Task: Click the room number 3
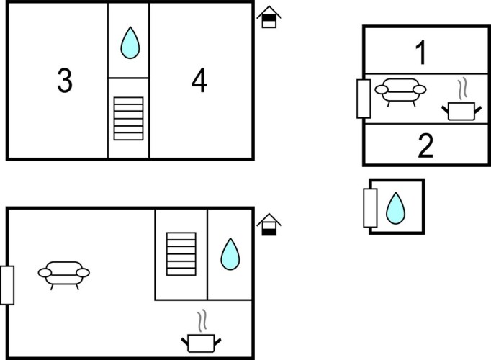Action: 65,82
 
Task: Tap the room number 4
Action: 199,82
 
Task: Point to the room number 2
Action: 425,146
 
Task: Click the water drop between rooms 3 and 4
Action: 130,43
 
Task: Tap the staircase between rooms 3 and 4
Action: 129,117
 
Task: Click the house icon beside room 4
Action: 269,17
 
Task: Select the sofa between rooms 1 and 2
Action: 402,91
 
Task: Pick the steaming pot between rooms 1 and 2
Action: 461,109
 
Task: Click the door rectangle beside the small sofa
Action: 364,99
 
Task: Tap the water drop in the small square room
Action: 396,208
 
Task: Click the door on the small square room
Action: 371,207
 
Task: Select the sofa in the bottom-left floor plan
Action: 64,274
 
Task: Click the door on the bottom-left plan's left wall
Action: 7,284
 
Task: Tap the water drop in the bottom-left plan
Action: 230,254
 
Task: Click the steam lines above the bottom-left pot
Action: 204,319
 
